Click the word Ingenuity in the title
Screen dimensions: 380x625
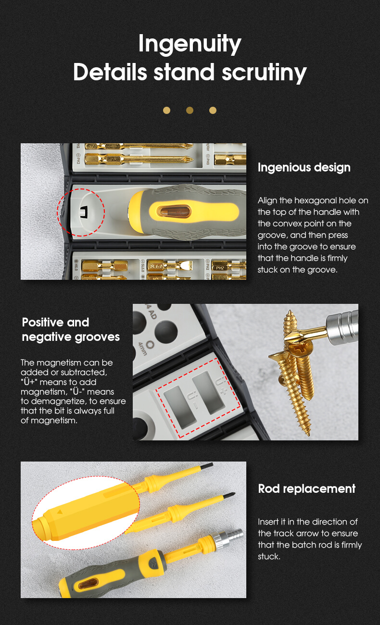click(190, 44)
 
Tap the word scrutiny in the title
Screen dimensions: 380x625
click(264, 73)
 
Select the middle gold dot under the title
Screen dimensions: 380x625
click(190, 110)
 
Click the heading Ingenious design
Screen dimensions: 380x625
click(304, 167)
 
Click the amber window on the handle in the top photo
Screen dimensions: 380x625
click(174, 212)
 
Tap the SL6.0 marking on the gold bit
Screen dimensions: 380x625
click(156, 266)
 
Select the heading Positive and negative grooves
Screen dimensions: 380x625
click(71, 329)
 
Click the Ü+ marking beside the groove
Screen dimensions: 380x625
click(221, 385)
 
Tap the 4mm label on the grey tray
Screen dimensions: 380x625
click(143, 349)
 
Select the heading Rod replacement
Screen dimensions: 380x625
click(306, 489)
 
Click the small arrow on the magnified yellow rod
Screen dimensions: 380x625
click(60, 512)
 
